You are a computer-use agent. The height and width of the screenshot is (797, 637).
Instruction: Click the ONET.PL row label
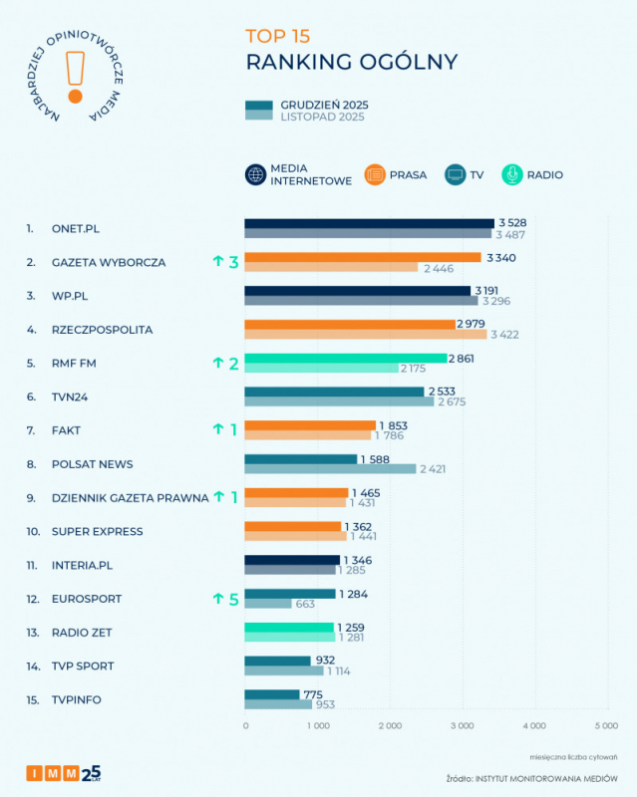[x=76, y=228]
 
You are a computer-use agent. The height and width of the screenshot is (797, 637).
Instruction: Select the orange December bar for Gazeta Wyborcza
[x=363, y=257]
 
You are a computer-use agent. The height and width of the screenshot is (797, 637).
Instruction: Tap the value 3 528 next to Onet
[x=513, y=223]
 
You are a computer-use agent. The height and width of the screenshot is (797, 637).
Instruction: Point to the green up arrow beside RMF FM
[x=217, y=364]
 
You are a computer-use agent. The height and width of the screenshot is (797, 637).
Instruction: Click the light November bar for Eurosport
[x=269, y=604]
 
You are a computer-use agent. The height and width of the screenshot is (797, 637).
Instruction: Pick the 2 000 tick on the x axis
[x=390, y=725]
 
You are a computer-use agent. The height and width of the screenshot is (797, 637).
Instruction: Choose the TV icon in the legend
[x=455, y=174]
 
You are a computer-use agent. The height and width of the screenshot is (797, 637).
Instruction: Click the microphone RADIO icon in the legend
[x=510, y=174]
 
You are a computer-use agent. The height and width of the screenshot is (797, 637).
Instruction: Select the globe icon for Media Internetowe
[x=255, y=174]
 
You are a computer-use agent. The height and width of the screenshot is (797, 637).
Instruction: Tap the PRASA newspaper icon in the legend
[x=375, y=174]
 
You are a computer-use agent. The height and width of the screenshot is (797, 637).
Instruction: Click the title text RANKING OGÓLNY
[x=351, y=62]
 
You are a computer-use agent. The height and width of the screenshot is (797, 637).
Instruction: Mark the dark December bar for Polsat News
[x=301, y=459]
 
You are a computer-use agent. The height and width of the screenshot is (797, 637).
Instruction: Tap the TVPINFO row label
[x=76, y=699]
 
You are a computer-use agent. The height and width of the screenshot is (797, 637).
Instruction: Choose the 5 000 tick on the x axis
[x=606, y=725]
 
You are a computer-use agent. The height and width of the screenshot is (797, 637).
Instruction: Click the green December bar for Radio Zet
[x=289, y=627]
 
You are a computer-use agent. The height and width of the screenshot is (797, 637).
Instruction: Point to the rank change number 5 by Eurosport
[x=234, y=599]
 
